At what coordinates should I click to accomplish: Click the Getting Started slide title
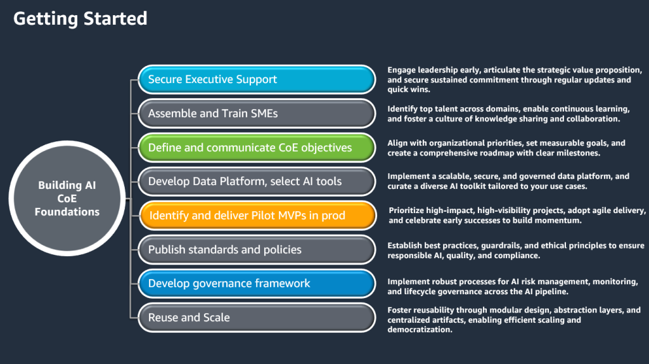click(x=80, y=18)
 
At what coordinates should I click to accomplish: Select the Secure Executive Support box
click(x=257, y=79)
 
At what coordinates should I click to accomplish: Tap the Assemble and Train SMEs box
click(x=257, y=114)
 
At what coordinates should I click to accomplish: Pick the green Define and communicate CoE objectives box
click(x=257, y=148)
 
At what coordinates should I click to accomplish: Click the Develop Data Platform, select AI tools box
click(x=257, y=181)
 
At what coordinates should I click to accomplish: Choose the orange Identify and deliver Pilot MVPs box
click(x=257, y=216)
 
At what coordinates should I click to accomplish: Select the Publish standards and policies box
click(x=257, y=250)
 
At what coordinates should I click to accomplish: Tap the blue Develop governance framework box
click(x=257, y=283)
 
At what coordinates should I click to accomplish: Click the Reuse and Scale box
click(x=257, y=317)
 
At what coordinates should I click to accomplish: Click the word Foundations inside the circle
click(x=67, y=212)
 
